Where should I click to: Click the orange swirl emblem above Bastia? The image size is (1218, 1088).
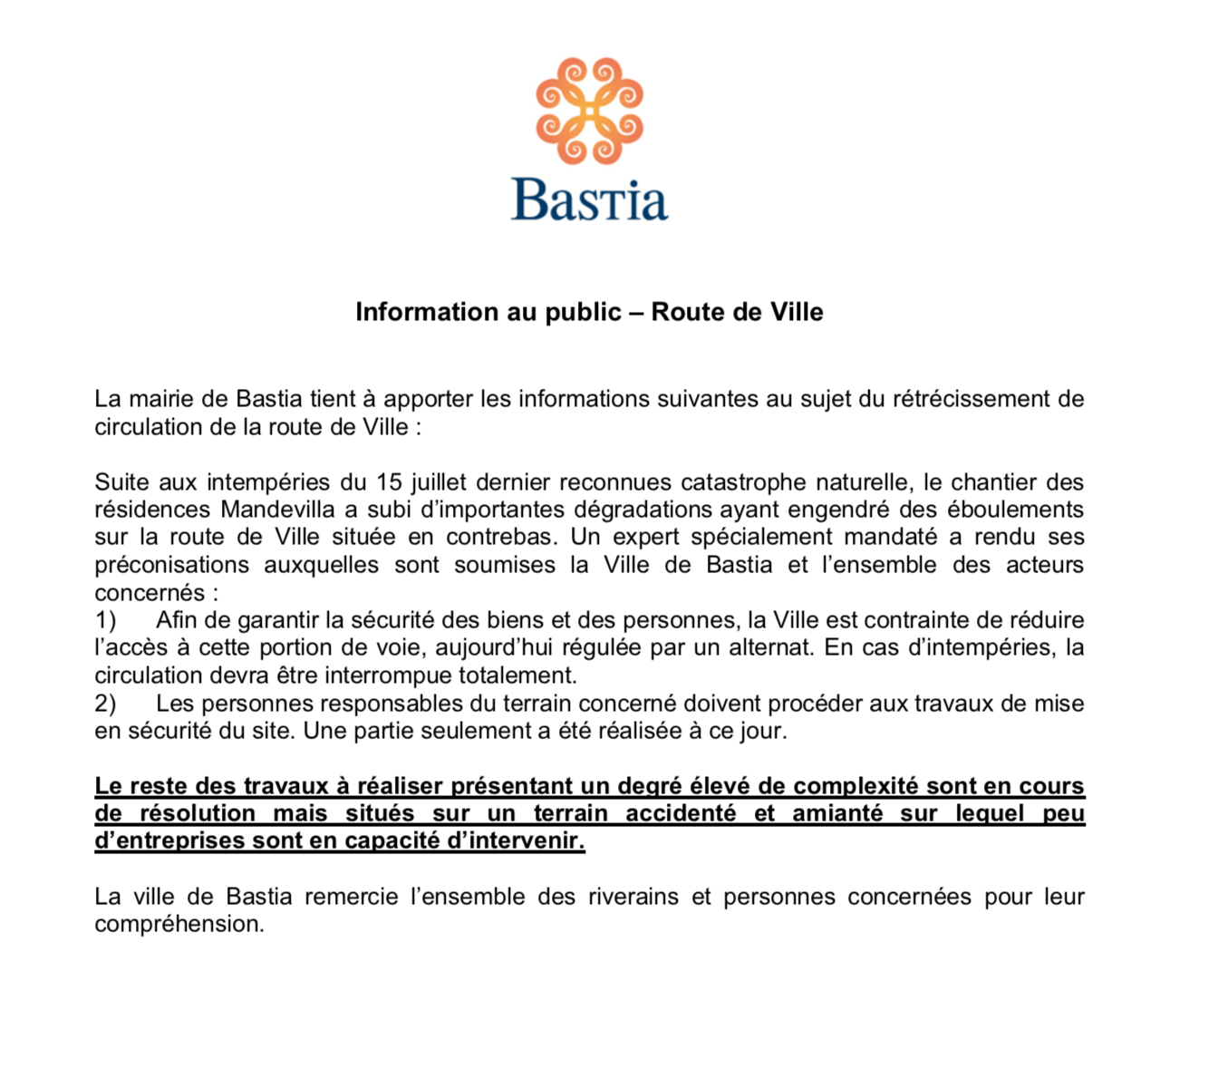589,111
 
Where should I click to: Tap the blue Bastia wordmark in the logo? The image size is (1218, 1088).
589,200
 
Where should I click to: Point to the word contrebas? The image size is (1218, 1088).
499,537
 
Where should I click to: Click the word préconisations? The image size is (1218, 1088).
171,565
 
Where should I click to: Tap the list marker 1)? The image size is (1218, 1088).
106,620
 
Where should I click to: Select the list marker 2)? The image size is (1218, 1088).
106,704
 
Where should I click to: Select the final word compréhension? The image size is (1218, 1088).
179,925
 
